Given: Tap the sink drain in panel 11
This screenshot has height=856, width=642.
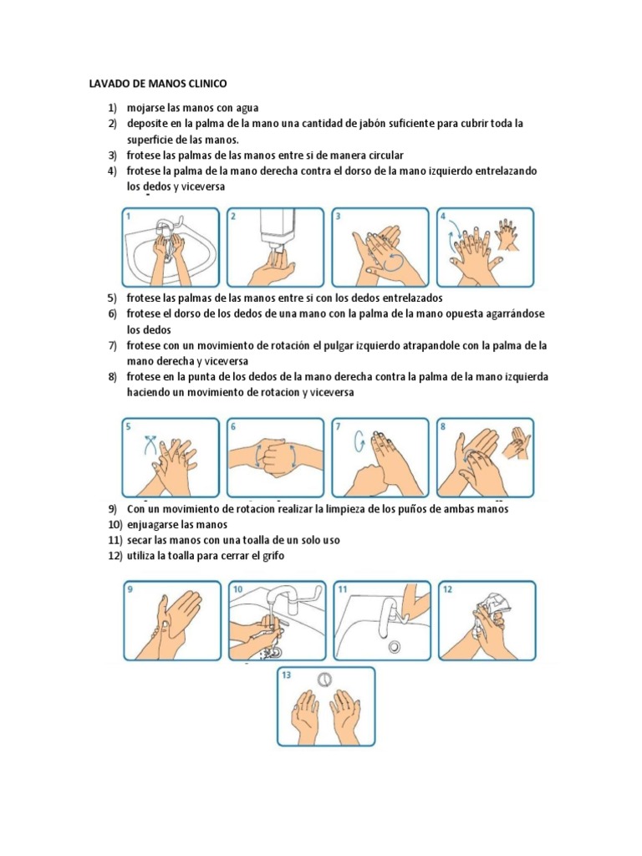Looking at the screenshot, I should pyautogui.click(x=394, y=646).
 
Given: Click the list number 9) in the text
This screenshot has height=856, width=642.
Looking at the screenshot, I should pyautogui.click(x=112, y=509).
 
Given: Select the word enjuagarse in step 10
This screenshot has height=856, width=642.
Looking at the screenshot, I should pyautogui.click(x=153, y=525).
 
